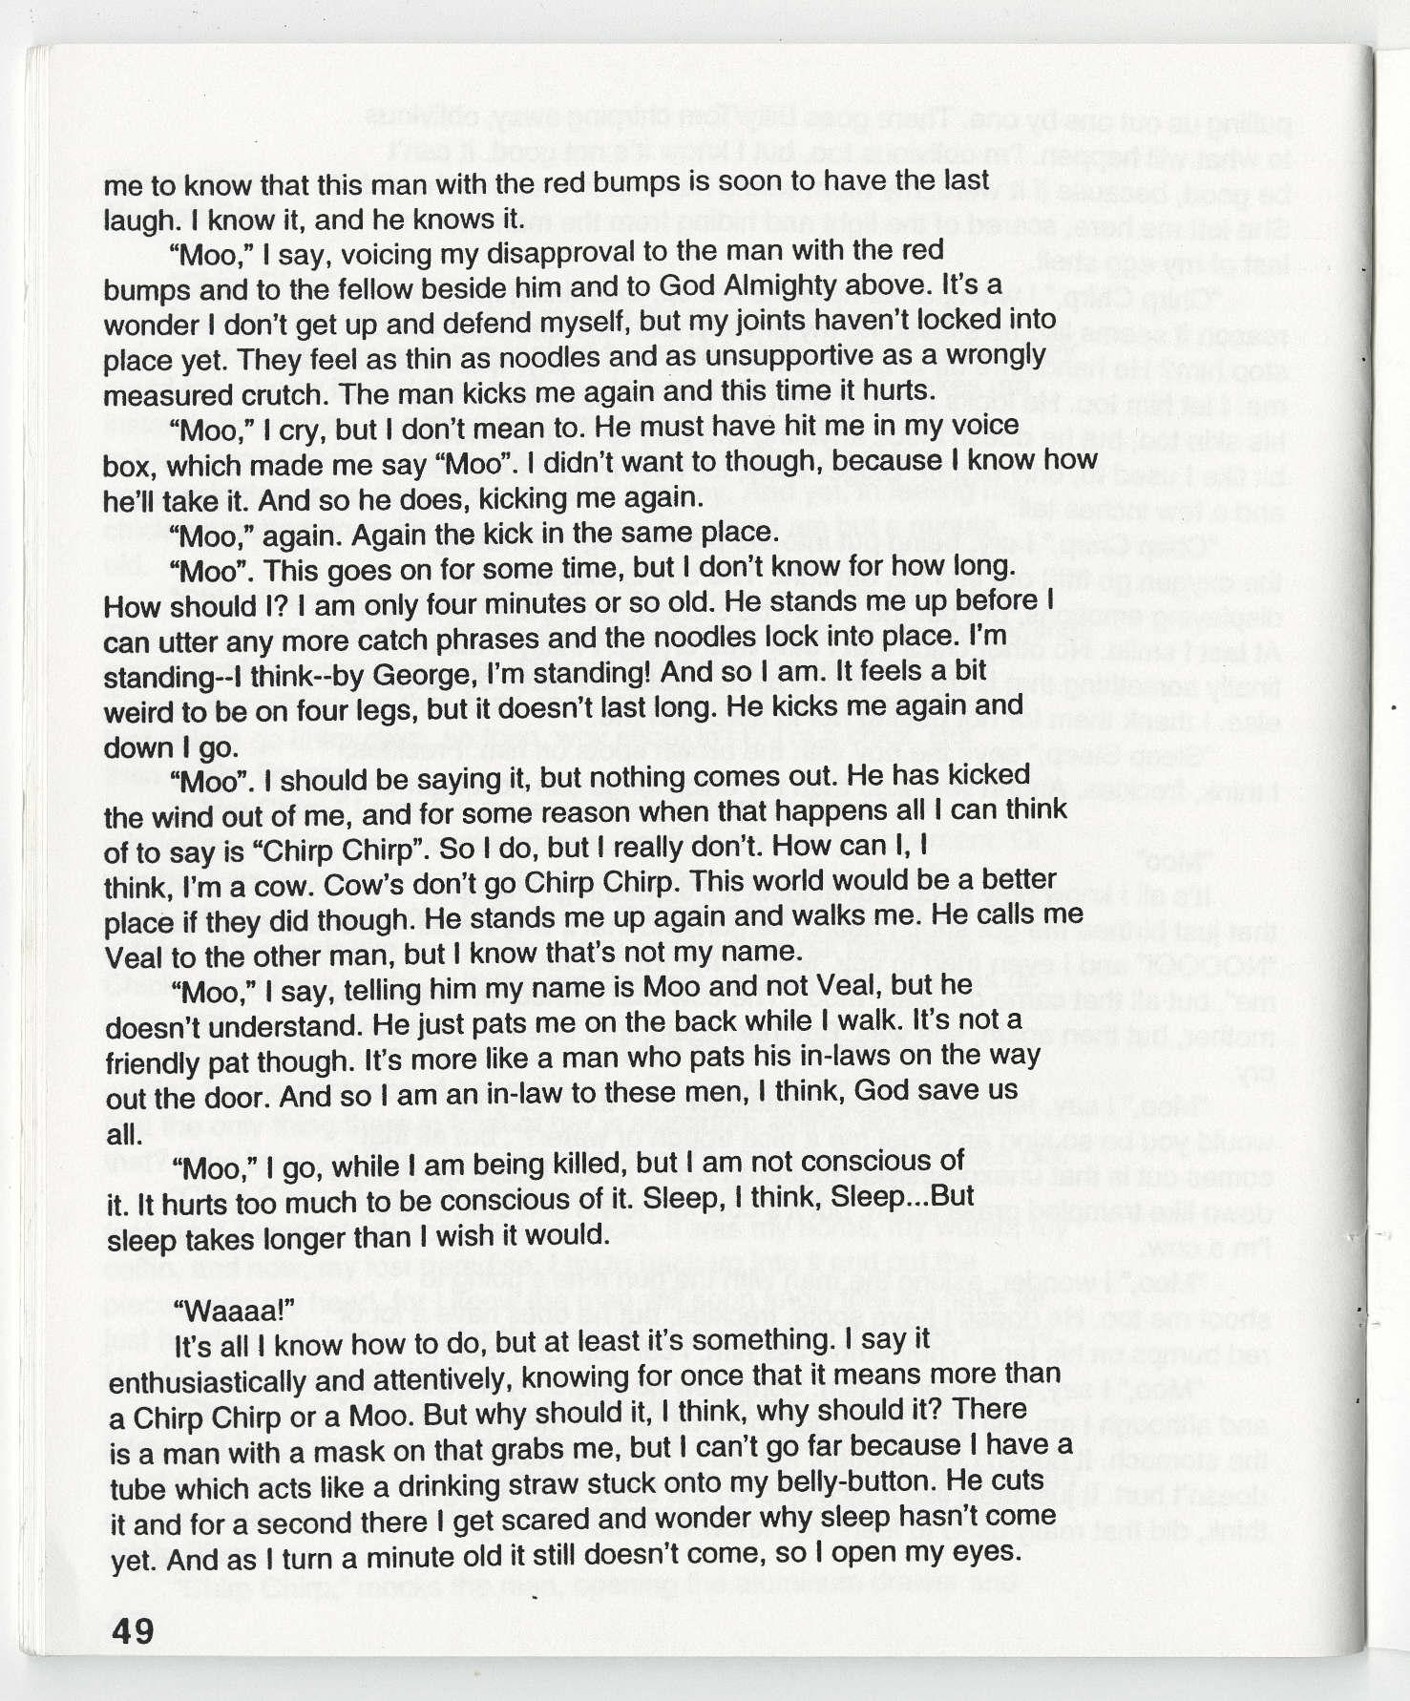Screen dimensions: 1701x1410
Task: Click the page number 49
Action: point(133,1631)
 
